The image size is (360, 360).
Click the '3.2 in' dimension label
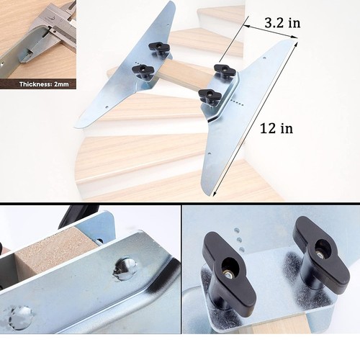point(282,23)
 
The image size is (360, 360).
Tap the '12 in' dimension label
point(276,128)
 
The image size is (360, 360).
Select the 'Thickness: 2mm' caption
point(44,84)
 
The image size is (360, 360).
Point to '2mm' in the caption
point(61,84)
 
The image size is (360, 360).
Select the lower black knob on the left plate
point(143,71)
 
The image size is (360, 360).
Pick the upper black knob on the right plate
point(225,70)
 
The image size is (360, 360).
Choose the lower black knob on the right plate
point(210,95)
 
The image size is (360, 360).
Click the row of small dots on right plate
point(237,102)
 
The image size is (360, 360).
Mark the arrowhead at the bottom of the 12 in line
point(214,194)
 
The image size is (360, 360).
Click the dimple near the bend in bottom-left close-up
point(125,269)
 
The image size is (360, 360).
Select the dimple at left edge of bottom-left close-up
point(19,317)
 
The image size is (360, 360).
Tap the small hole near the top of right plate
point(264,58)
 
